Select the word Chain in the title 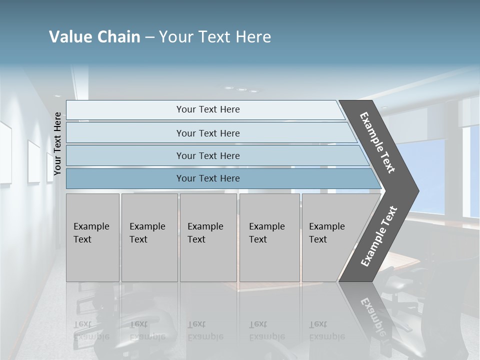click(x=118, y=37)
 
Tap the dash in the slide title click(x=149, y=37)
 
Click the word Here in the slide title click(x=253, y=37)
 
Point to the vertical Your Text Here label click(x=57, y=143)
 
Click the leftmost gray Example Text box click(x=92, y=237)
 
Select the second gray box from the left click(x=149, y=237)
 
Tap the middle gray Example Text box click(x=208, y=237)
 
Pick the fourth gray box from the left click(x=269, y=237)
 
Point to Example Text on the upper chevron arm click(x=377, y=142)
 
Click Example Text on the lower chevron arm click(x=379, y=236)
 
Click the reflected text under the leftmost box click(x=91, y=330)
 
